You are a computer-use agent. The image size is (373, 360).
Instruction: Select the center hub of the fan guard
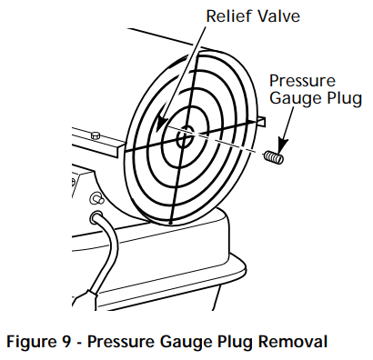point(184,139)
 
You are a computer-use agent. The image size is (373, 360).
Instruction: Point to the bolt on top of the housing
point(95,135)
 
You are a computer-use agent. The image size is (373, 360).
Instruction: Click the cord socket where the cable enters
point(95,217)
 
